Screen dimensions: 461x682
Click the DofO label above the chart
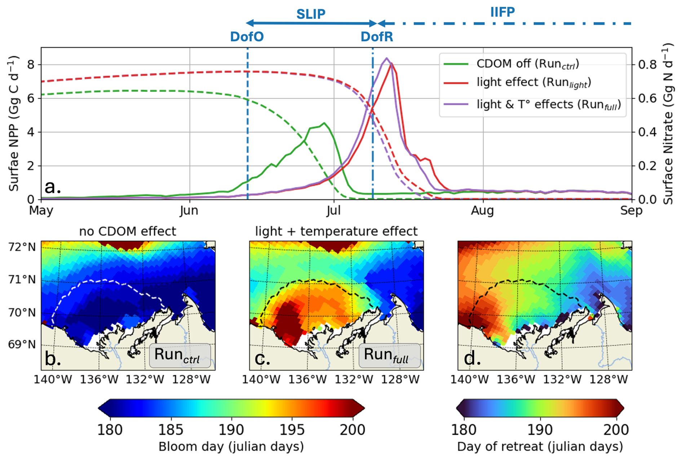tap(247, 36)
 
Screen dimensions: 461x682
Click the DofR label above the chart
tap(377, 36)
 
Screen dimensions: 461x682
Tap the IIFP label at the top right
tap(502, 12)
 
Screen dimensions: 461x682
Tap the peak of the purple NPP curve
tap(386, 58)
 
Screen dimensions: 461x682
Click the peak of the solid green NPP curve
tap(324, 123)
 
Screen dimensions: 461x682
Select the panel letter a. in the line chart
tap(53, 187)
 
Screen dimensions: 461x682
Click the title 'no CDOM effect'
tap(128, 231)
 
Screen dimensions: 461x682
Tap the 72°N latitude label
tap(22, 247)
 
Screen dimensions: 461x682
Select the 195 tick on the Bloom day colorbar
tap(292, 430)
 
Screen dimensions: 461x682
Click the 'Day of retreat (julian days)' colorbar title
tap(540, 447)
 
